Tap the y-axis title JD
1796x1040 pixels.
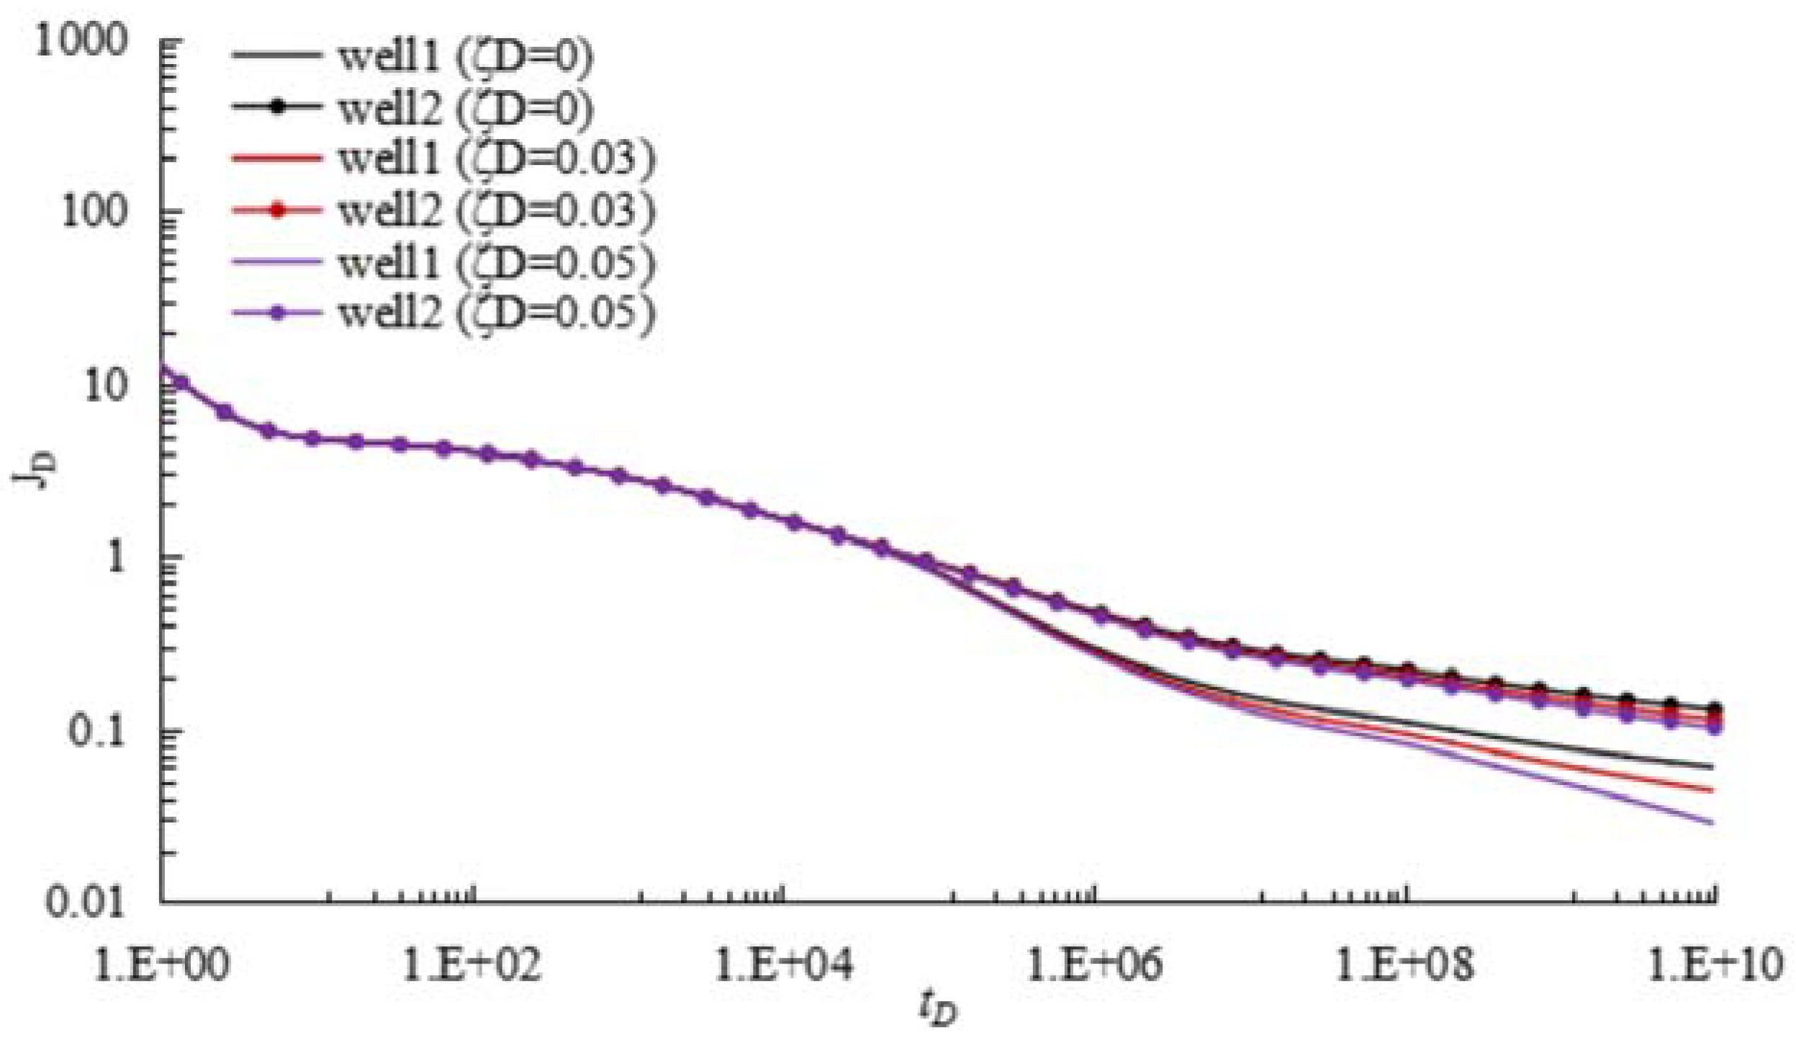click(32, 472)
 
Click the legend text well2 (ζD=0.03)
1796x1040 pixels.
click(497, 211)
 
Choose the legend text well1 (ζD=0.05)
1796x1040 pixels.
click(497, 263)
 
